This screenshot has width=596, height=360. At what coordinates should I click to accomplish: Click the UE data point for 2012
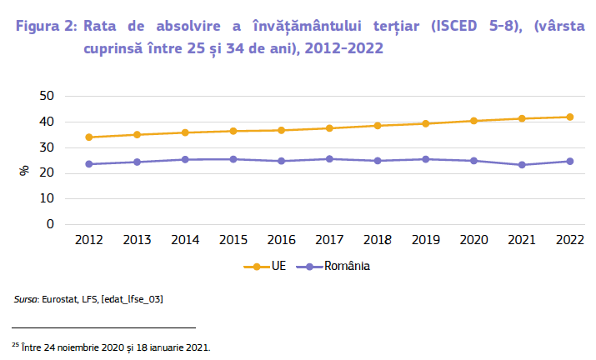89,137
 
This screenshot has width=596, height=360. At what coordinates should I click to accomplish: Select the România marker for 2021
522,165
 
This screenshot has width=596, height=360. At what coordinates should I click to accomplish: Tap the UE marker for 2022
570,117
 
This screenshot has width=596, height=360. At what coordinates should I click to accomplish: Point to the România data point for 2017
330,158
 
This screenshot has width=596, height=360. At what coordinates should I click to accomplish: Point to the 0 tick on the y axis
50,224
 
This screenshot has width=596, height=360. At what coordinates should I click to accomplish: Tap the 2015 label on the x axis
233,240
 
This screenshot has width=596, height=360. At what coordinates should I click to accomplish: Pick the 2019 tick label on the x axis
426,240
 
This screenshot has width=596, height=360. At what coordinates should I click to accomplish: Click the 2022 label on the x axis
570,240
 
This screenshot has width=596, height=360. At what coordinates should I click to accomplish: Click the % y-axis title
25,171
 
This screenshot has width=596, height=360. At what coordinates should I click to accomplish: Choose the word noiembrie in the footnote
80,345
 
